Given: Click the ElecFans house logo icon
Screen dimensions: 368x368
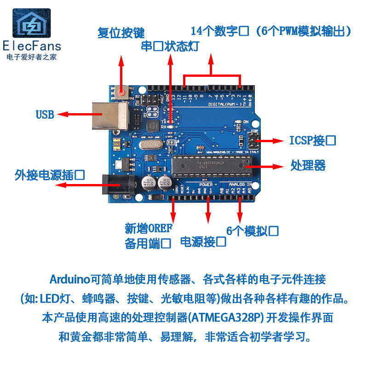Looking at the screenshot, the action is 32,23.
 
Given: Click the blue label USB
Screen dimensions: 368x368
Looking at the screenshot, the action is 45,115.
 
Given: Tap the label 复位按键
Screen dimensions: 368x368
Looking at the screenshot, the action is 121,33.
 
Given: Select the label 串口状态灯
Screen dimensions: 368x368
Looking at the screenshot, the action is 170,47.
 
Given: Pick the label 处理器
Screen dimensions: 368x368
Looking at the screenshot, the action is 308,165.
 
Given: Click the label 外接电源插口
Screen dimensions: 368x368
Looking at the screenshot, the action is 50,175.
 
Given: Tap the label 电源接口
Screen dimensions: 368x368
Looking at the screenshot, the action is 203,241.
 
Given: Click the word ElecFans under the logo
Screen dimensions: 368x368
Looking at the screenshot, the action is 32,46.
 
